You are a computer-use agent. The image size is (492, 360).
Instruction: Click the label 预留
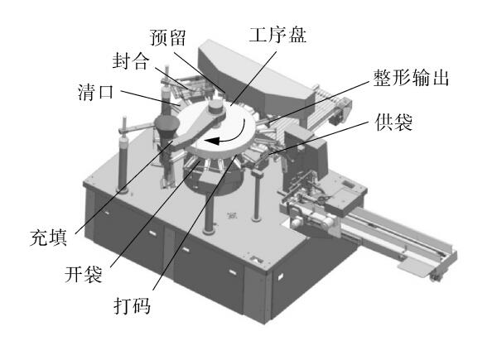(168, 37)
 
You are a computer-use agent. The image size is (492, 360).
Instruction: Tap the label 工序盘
(277, 34)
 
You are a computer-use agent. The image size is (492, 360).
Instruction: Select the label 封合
(130, 60)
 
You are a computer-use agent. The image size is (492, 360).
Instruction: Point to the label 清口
(96, 92)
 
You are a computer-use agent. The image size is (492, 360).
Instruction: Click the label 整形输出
(412, 78)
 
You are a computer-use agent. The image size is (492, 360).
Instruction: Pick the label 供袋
(393, 122)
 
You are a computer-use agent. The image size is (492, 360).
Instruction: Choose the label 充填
(49, 238)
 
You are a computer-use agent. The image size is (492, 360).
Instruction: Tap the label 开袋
(84, 275)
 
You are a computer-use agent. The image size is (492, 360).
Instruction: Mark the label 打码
(132, 305)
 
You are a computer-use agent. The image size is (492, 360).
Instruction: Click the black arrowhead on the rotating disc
(212, 141)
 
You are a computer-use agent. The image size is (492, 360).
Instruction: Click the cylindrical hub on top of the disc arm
(215, 107)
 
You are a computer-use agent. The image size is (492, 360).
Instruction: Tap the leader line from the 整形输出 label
(318, 101)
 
